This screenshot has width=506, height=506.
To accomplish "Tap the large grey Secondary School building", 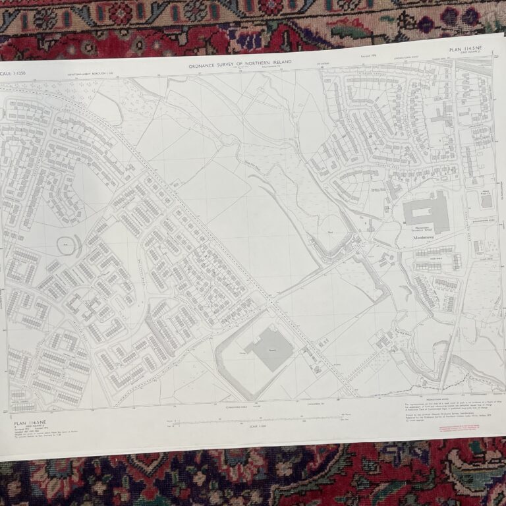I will pyautogui.click(x=425, y=212).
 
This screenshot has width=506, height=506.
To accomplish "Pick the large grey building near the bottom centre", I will pyautogui.click(x=270, y=347).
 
